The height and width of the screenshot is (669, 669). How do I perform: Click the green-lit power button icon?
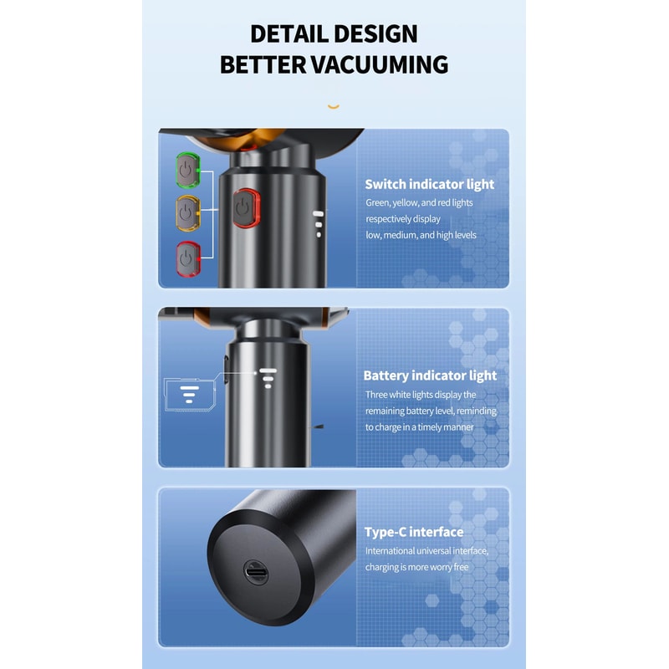[x=187, y=171]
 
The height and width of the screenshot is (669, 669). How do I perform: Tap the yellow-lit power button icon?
[x=187, y=213]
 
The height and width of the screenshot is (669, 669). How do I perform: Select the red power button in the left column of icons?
[x=188, y=259]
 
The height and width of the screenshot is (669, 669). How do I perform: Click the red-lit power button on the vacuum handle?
[x=246, y=208]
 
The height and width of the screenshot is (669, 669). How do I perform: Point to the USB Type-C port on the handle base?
[x=256, y=572]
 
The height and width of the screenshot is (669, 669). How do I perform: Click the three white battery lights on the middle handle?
[x=268, y=378]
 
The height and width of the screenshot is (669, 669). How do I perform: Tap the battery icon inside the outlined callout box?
[x=189, y=395]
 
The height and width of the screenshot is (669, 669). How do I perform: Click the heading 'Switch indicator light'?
[x=429, y=184]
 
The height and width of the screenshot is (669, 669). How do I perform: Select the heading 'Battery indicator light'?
[x=430, y=375]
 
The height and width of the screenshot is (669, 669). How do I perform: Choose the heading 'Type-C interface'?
[x=414, y=532]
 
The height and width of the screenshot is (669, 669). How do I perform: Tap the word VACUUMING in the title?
[x=380, y=65]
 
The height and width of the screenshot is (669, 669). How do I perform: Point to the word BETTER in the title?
[x=263, y=65]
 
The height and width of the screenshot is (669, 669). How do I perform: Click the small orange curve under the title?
[x=334, y=107]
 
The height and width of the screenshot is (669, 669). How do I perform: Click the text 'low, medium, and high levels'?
[x=421, y=235]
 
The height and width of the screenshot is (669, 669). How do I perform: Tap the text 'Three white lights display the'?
[x=421, y=395]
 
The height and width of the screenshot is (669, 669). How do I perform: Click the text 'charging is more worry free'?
[x=416, y=567]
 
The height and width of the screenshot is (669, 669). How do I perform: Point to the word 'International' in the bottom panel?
[x=390, y=551]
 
